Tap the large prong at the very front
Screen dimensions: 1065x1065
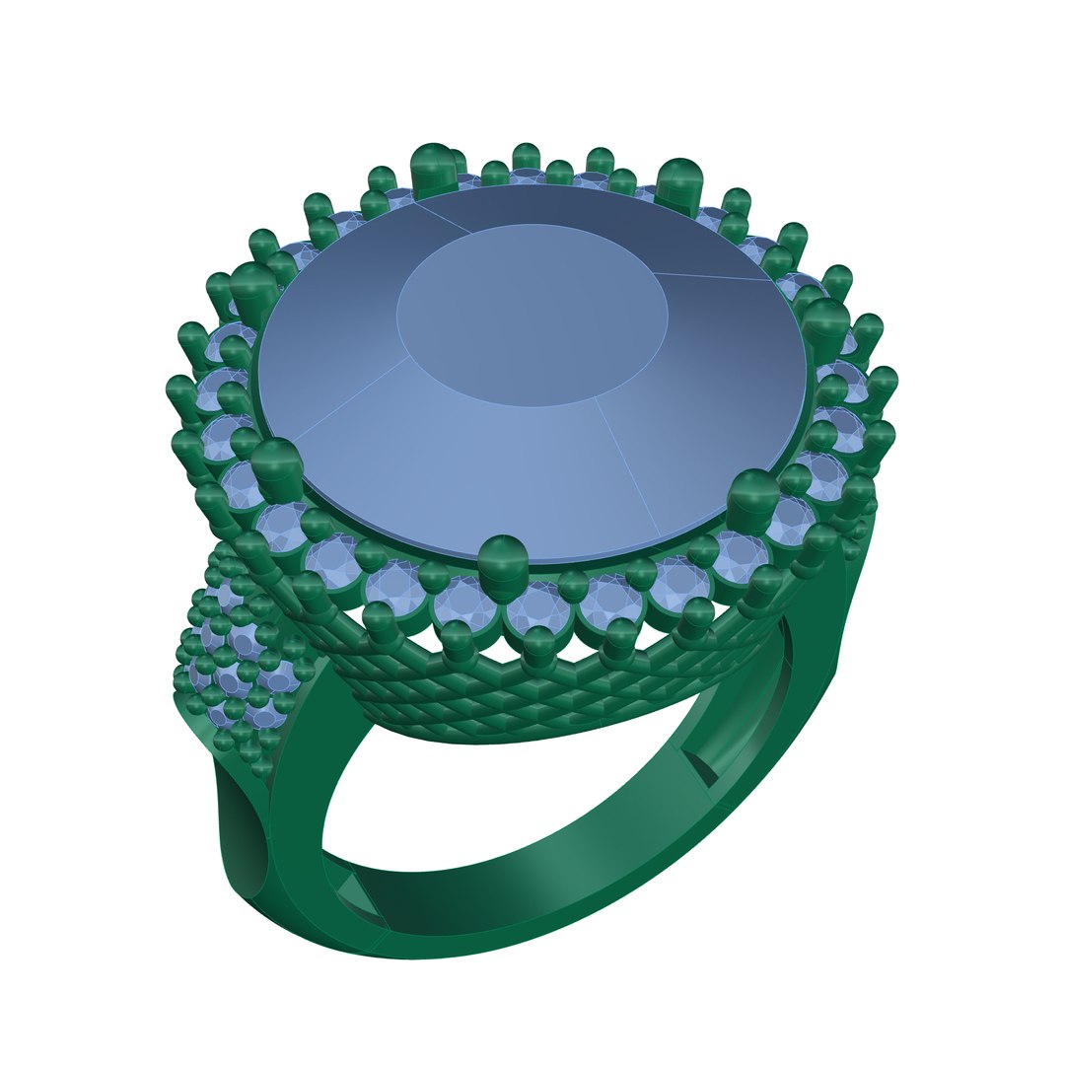click(x=503, y=567)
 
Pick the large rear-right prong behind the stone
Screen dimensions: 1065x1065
click(x=678, y=181)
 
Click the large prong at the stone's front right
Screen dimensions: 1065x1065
click(x=756, y=503)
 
